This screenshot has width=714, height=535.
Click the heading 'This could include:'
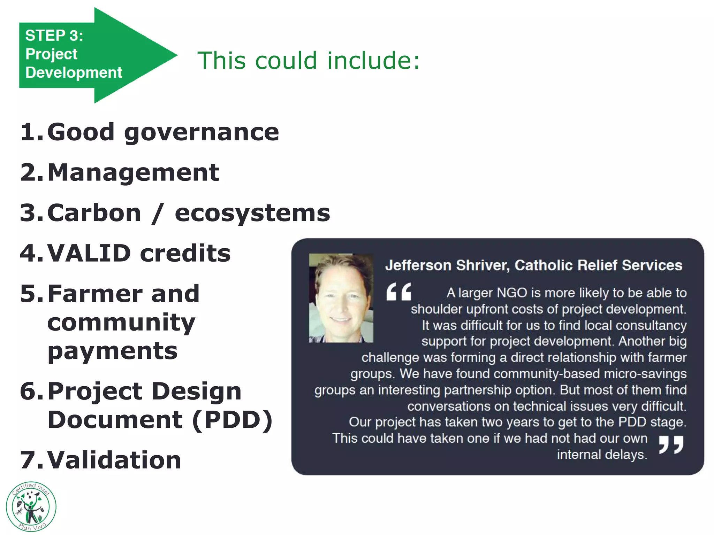pyautogui.click(x=309, y=60)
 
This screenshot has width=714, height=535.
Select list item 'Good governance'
pyautogui.click(x=163, y=132)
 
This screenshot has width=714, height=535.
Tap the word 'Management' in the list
pyautogui.click(x=133, y=173)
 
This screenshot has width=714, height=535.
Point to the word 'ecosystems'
pyautogui.click(x=252, y=213)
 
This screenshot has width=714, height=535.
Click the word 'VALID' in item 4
pyautogui.click(x=89, y=253)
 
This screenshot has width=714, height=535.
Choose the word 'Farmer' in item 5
pyautogui.click(x=94, y=294)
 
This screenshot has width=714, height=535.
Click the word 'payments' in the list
pyautogui.click(x=112, y=351)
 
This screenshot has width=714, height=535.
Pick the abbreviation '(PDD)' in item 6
pyautogui.click(x=232, y=420)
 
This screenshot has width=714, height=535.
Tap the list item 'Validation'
pyautogui.click(x=114, y=460)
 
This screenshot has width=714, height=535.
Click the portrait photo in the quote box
pyautogui.click(x=341, y=298)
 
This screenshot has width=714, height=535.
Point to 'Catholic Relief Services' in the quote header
pyautogui.click(x=598, y=265)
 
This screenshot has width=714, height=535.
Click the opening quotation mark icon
pyautogui.click(x=398, y=292)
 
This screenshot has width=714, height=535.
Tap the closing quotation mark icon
pyautogui.click(x=671, y=444)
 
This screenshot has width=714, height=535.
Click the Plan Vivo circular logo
pyautogui.click(x=31, y=507)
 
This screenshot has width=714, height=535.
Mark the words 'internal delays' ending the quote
pyautogui.click(x=602, y=455)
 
